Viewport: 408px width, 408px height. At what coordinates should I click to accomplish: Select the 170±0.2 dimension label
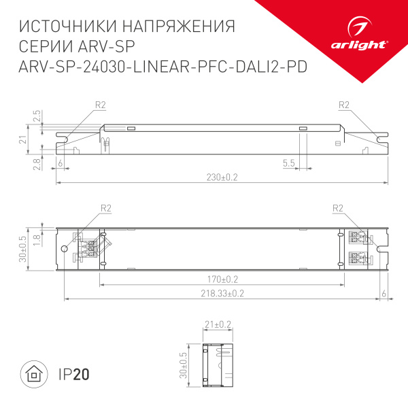[222, 278]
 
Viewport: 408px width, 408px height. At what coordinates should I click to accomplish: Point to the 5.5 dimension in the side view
[288, 163]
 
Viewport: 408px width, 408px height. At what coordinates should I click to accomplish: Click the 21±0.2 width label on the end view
[217, 325]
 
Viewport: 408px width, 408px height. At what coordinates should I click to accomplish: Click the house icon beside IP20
[33, 374]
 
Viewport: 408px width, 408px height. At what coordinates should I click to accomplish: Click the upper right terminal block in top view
[358, 237]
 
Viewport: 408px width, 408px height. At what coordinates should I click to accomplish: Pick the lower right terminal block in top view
[358, 258]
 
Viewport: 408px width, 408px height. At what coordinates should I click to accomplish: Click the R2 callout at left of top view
[105, 208]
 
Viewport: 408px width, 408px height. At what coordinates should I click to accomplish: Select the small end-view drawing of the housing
[219, 367]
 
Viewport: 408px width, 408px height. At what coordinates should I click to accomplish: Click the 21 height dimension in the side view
[22, 139]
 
